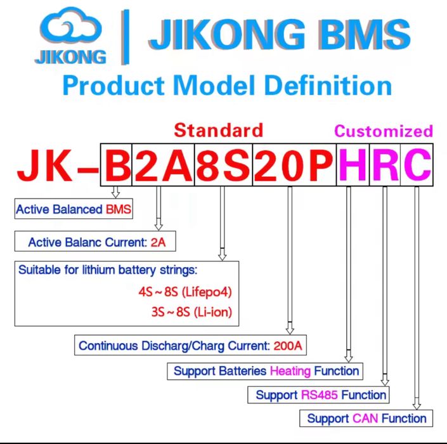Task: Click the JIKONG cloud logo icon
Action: pyautogui.click(x=70, y=30)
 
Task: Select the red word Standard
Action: pyautogui.click(x=218, y=130)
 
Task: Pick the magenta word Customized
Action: pyautogui.click(x=384, y=131)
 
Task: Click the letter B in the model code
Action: pyautogui.click(x=116, y=166)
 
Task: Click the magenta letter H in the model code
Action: pyautogui.click(x=353, y=166)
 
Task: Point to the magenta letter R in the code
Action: pyautogui.click(x=385, y=166)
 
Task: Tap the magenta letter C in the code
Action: pyautogui.click(x=416, y=166)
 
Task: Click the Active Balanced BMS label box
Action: pyautogui.click(x=74, y=209)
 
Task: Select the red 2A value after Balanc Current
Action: pyautogui.click(x=159, y=242)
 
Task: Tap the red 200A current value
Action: pyautogui.click(x=288, y=346)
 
